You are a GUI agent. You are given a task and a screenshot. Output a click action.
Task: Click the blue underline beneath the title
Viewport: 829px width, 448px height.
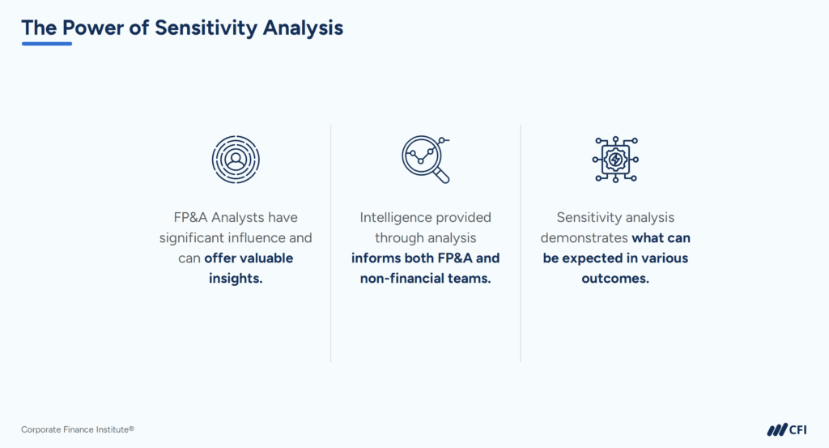point(46,43)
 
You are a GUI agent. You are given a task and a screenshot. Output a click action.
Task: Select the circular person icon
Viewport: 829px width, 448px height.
point(236,159)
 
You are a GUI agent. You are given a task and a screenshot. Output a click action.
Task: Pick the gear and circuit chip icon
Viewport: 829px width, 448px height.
point(615,159)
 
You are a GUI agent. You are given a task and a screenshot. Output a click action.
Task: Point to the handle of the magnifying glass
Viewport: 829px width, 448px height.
point(441,175)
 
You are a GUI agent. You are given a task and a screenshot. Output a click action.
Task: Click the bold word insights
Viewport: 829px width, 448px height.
point(236,279)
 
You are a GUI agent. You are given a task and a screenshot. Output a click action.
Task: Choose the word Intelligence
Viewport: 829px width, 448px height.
point(397,217)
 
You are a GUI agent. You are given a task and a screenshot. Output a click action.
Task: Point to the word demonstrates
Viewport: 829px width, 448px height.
point(584,238)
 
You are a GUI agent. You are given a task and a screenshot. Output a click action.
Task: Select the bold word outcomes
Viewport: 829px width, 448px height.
point(615,279)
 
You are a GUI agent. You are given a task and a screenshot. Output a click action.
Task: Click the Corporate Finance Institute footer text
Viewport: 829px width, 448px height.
point(78,429)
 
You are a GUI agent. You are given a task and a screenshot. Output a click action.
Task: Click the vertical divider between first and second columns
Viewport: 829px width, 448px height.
point(331,243)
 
